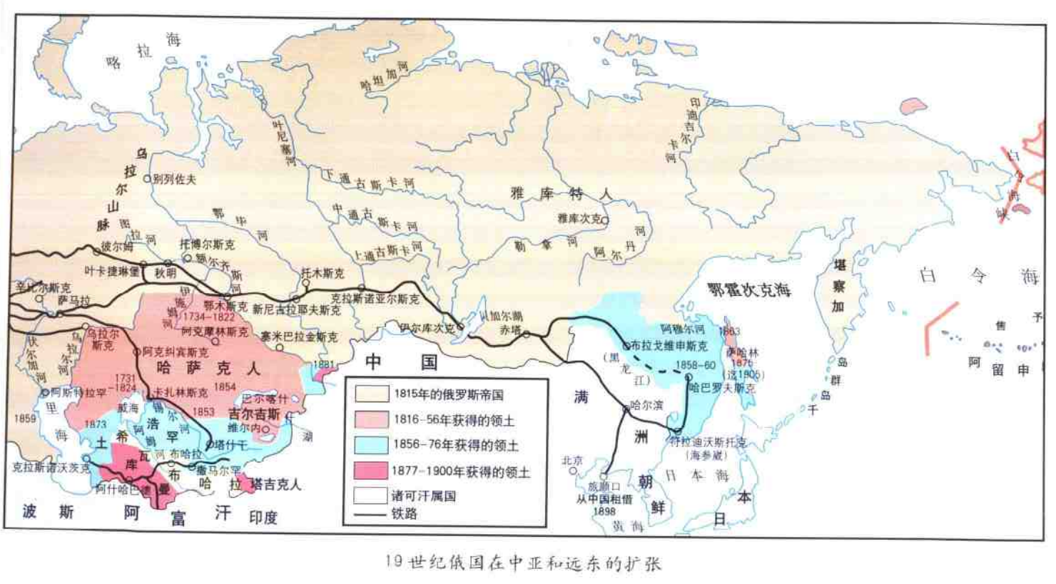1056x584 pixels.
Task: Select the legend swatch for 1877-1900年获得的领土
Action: (x=371, y=471)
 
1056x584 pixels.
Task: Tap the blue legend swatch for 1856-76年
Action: (x=371, y=444)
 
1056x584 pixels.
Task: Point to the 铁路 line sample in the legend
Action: (x=371, y=513)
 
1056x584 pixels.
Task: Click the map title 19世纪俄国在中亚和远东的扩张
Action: (x=523, y=563)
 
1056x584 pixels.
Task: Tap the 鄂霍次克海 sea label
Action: (x=748, y=290)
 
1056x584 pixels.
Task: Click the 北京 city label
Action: (x=572, y=461)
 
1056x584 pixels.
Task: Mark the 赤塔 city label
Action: (x=510, y=330)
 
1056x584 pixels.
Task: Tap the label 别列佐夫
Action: (x=174, y=179)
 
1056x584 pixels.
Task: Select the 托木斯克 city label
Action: (x=322, y=273)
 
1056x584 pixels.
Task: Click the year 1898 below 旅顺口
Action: (x=604, y=511)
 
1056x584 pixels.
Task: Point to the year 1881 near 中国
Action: (x=323, y=364)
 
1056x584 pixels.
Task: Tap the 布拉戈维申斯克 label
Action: (x=669, y=346)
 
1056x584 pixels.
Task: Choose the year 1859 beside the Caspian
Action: (x=24, y=419)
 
